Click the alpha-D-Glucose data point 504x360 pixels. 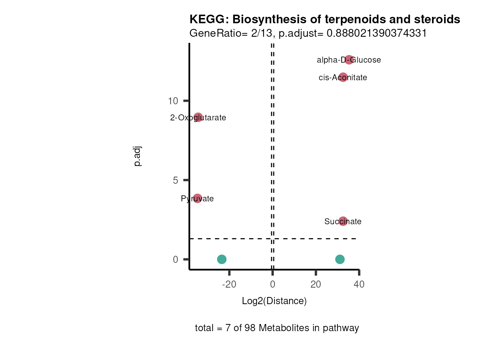coord(349,60)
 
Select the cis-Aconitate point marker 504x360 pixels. coord(343,78)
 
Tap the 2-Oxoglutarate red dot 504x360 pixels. coord(198,117)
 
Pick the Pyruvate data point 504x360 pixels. coord(197,198)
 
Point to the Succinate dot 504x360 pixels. coord(343,221)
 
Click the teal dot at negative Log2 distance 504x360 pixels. coord(222,259)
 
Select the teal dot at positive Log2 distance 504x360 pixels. coord(340,259)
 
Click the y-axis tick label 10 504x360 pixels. coord(173,101)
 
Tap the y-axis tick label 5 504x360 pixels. coord(175,180)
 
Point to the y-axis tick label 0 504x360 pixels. coord(175,259)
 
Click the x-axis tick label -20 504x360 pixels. coord(229,284)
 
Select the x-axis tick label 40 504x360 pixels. coord(359,284)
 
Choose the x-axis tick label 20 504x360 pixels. coord(316,284)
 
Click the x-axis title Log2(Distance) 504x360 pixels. coord(274,301)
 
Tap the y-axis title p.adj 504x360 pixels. coord(138,156)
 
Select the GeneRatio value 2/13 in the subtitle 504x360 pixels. coord(261,33)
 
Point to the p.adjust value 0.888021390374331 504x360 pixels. coord(377,33)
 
